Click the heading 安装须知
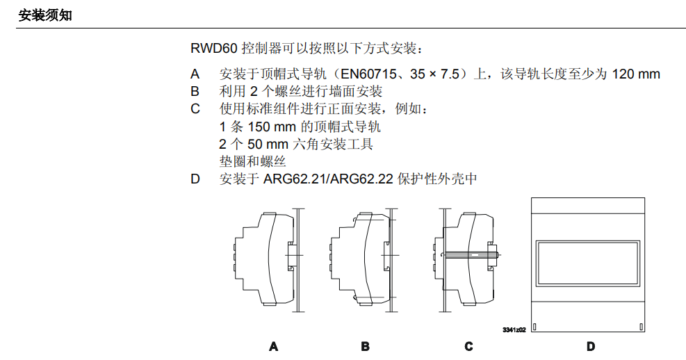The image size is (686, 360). (45, 16)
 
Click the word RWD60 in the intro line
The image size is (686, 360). (213, 48)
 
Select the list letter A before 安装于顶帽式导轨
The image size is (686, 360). (195, 74)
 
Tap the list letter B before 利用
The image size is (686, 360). (195, 92)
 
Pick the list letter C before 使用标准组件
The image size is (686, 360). (195, 109)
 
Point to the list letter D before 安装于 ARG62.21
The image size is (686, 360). (195, 179)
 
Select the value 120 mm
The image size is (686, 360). (636, 74)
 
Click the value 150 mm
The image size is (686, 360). (272, 127)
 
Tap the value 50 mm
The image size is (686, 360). (268, 144)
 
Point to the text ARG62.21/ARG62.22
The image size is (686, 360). (328, 179)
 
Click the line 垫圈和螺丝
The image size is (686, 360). (252, 161)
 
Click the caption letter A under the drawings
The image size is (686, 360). (273, 347)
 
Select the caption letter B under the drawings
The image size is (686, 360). (366, 347)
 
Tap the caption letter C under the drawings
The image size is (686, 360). (468, 347)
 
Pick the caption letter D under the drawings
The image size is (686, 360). (591, 347)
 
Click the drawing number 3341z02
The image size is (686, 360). (514, 330)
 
